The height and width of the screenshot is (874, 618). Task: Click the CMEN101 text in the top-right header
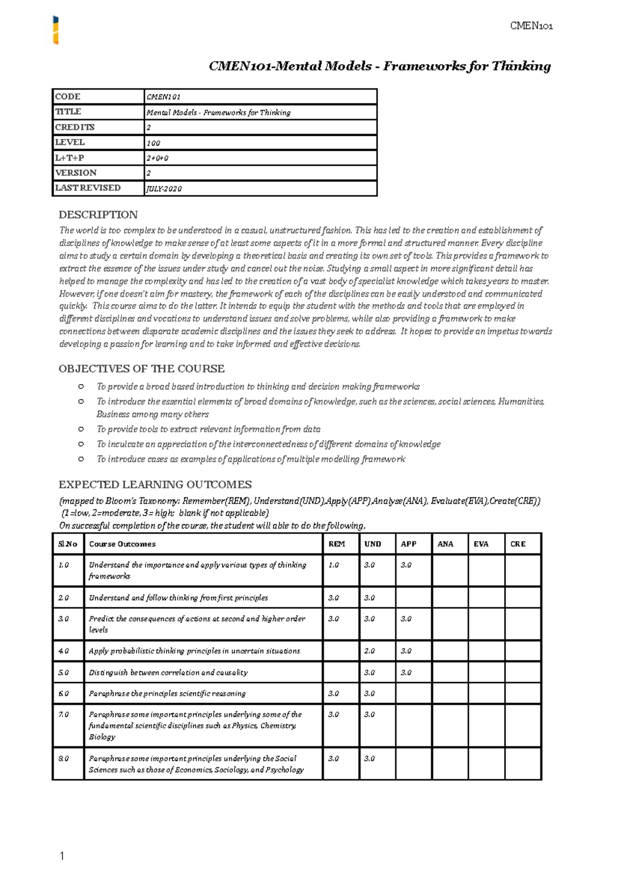pos(531,26)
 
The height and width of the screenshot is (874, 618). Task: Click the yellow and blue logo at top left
pos(56,30)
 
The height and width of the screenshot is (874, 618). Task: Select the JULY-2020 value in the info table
pos(164,189)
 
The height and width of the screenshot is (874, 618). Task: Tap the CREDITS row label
pos(75,127)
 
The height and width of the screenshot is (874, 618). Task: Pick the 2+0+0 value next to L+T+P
pos(158,158)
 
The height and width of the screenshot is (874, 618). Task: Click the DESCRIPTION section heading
pos(98,215)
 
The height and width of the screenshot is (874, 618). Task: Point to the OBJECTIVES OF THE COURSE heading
pos(142,369)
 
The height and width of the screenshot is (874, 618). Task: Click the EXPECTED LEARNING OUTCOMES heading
pos(155,484)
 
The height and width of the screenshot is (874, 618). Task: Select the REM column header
pos(337,544)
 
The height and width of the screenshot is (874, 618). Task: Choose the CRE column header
pos(518,544)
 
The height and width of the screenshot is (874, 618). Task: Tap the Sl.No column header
pos(67,544)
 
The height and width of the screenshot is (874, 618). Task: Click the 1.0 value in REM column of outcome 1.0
pos(334,565)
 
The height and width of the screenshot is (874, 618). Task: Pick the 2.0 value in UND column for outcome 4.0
pos(369,651)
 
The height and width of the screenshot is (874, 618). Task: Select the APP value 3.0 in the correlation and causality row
pos(406,673)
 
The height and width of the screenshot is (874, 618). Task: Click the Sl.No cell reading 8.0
pos(63,759)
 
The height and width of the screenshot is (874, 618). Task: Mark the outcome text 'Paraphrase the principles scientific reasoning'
pos(167,694)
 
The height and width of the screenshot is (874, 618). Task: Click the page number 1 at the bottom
pos(62,856)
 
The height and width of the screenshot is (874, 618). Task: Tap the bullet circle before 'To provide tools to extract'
pos(81,429)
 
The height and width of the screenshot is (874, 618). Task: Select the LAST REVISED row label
pos(88,188)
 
